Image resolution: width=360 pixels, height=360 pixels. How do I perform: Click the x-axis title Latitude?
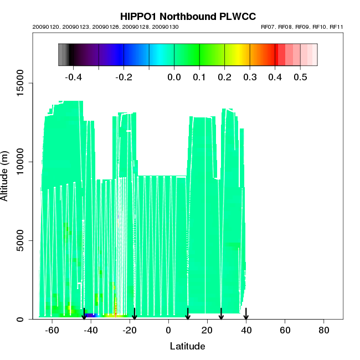187,346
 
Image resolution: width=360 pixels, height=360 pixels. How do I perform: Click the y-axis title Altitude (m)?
6,176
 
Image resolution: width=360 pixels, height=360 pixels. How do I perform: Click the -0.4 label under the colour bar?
74,77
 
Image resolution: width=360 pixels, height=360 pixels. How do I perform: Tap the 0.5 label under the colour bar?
300,77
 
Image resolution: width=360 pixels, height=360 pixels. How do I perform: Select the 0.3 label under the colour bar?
250,77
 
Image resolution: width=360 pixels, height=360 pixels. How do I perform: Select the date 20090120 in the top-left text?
45,27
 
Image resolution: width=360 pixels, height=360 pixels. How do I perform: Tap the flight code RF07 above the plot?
270,27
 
